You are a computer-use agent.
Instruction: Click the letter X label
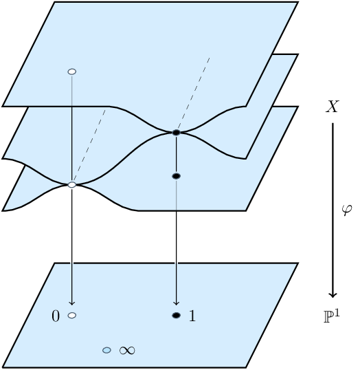333,107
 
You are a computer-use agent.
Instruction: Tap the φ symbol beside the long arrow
347,210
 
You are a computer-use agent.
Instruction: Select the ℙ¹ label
332,316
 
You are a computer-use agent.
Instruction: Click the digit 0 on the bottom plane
56,316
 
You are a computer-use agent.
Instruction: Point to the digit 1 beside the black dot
192,316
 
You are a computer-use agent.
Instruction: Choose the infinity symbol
127,351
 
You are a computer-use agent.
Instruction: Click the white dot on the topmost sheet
72,72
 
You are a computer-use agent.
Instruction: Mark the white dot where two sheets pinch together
72,185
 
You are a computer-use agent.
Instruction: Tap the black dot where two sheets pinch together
177,133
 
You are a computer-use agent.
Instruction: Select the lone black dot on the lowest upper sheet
177,176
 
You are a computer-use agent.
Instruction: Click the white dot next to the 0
72,315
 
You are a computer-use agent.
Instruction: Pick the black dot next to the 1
177,315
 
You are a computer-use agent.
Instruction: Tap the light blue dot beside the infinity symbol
106,350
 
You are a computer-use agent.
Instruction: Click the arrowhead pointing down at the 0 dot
72,303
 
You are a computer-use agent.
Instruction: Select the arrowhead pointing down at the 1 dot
177,303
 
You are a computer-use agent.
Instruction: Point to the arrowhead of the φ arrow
333,295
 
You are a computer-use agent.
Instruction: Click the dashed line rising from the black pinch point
193,94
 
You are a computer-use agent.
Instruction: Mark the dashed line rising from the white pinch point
89,146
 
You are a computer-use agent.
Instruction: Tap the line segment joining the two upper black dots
177,154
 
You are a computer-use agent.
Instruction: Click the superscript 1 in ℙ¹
337,314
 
